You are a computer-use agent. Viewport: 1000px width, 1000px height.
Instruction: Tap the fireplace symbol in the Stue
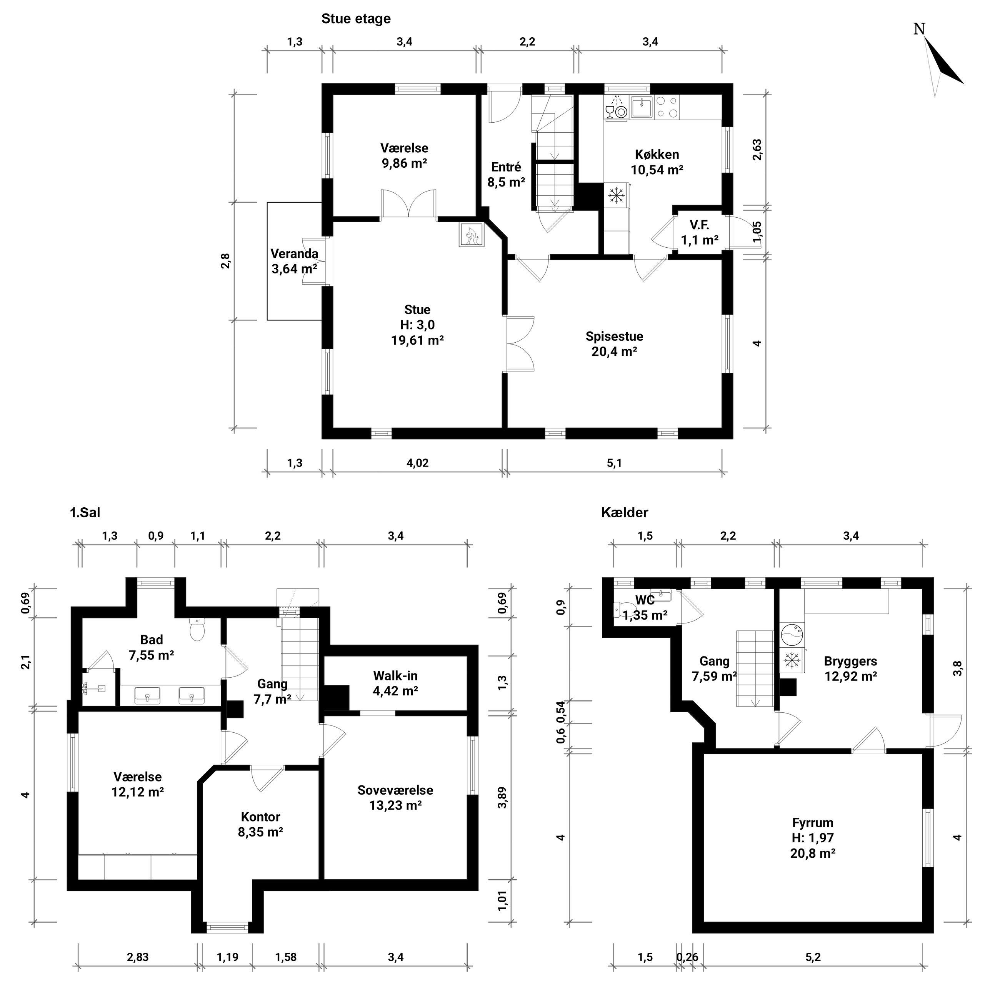pos(471,235)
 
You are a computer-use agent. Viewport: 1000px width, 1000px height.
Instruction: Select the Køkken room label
pos(657,154)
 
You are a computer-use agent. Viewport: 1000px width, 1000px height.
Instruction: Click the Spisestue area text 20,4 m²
pos(614,352)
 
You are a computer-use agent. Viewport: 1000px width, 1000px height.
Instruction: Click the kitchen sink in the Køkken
pos(641,108)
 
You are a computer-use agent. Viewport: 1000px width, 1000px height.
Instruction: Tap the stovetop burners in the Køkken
pos(667,108)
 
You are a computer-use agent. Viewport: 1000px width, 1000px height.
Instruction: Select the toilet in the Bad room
pos(198,629)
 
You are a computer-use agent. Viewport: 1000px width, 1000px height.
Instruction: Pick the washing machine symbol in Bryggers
pos(792,633)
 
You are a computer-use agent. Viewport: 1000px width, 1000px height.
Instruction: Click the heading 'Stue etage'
pos(356,18)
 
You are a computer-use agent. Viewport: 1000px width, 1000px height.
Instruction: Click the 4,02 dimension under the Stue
pos(418,463)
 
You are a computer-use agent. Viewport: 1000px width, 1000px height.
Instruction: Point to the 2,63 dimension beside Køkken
pos(757,150)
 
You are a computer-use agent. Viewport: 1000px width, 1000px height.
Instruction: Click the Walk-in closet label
pos(395,675)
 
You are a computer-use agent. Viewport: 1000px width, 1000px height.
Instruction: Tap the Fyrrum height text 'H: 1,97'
pos(813,838)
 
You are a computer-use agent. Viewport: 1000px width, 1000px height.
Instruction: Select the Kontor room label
pos(260,817)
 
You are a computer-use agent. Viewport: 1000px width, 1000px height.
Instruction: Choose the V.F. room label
pos(699,225)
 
